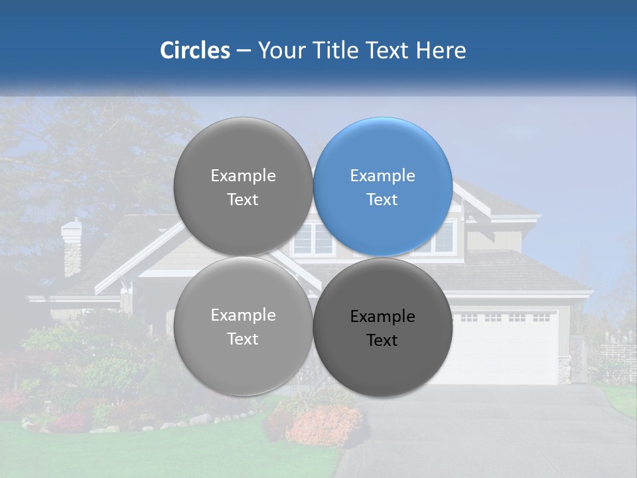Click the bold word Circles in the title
coord(194,50)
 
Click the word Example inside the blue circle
coord(382,176)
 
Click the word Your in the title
coord(279,50)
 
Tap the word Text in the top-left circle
coord(243,200)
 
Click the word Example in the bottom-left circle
coord(243,315)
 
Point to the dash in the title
coord(244,51)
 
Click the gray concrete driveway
coord(504,432)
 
